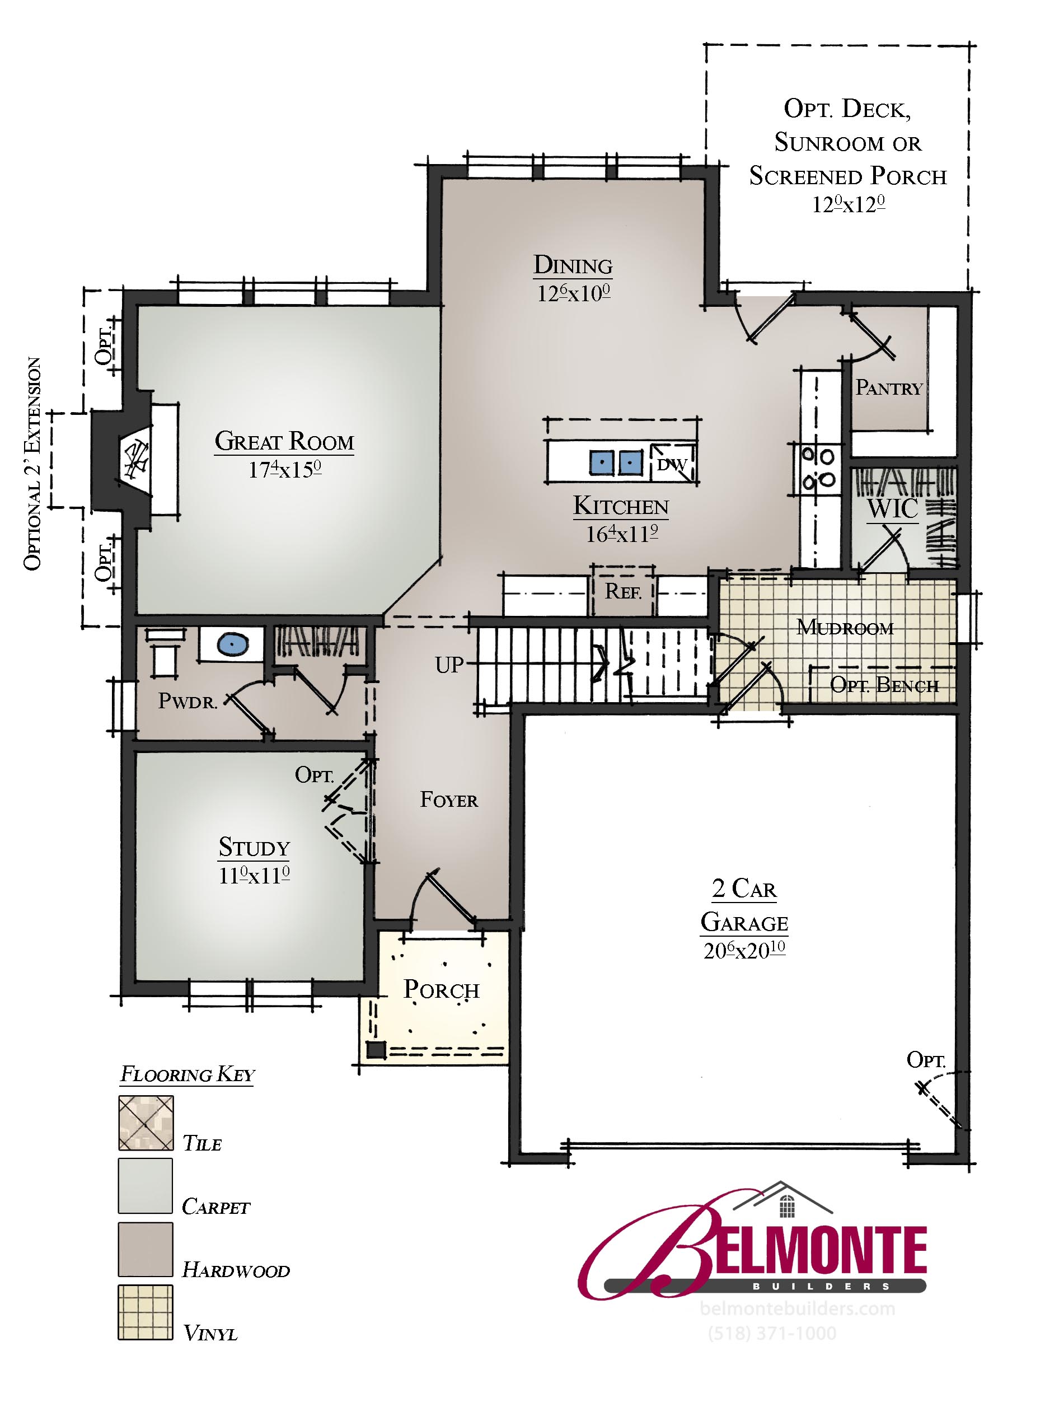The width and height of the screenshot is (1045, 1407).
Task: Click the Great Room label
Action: (285, 441)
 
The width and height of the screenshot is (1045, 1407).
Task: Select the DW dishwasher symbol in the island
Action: (672, 464)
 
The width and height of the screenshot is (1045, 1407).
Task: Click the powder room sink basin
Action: (232, 644)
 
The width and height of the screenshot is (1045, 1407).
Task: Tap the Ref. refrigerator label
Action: (623, 591)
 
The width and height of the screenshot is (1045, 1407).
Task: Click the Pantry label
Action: (889, 387)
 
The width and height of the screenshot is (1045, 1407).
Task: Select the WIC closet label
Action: (893, 508)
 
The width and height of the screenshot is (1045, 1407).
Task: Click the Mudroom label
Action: (845, 628)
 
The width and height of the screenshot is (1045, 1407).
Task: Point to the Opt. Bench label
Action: (884, 685)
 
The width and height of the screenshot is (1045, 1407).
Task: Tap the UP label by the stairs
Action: (449, 665)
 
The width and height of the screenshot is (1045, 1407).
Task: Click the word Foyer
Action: (449, 800)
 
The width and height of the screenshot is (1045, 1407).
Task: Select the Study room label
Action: (254, 847)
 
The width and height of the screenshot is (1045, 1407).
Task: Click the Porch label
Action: (442, 989)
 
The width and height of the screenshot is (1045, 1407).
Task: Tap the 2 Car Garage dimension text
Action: (744, 950)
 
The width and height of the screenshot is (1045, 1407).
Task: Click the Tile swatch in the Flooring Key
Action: (146, 1123)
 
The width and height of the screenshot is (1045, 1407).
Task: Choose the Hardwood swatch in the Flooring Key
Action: (146, 1250)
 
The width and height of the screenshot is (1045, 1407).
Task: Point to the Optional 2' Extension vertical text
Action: (32, 464)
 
